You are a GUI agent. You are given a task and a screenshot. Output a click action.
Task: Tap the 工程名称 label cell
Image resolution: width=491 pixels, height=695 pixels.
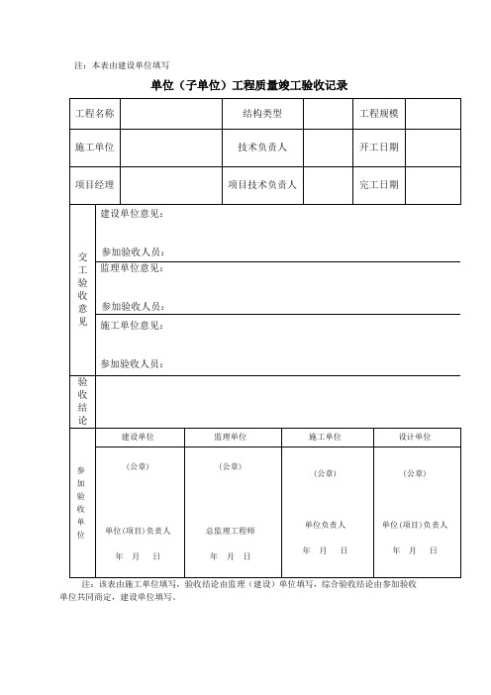pyautogui.click(x=95, y=114)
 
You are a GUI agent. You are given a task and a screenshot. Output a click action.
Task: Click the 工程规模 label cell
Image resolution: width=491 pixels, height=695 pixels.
pyautogui.click(x=378, y=114)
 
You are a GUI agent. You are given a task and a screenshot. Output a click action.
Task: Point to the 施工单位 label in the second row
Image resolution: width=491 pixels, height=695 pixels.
pyautogui.click(x=95, y=148)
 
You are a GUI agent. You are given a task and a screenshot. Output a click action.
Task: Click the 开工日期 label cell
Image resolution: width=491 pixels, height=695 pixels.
pyautogui.click(x=378, y=148)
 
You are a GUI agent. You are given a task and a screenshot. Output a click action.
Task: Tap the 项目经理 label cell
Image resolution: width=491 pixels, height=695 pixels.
pyautogui.click(x=95, y=184)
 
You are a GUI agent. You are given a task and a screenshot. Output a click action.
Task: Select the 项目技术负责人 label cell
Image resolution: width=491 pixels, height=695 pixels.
pyautogui.click(x=262, y=184)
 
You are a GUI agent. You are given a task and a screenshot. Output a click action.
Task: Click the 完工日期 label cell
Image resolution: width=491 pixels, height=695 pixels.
pyautogui.click(x=378, y=184)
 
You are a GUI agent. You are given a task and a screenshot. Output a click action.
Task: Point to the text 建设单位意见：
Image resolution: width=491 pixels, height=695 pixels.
pyautogui.click(x=134, y=214)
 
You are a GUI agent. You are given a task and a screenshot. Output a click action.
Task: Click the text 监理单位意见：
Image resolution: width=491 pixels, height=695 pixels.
pyautogui.click(x=134, y=268)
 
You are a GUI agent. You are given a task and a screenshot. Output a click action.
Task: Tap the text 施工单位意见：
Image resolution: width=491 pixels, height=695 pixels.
pyautogui.click(x=134, y=325)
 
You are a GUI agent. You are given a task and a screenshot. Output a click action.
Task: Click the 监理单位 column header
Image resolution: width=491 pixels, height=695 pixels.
pyautogui.click(x=230, y=437)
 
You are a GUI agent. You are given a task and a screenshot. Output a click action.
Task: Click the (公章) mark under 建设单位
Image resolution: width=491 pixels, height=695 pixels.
pyautogui.click(x=138, y=465)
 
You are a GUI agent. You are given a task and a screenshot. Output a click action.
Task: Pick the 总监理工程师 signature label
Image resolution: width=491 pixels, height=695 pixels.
pyautogui.click(x=230, y=531)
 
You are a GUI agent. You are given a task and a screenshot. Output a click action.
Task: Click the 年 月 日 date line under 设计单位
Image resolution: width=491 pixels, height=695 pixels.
pyautogui.click(x=414, y=549)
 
